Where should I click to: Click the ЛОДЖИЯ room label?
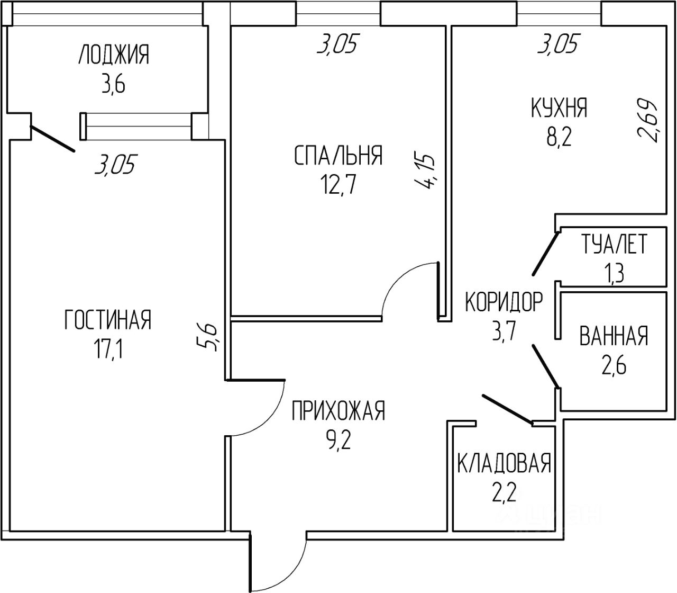(x=114, y=55)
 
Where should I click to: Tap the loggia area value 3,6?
(x=113, y=84)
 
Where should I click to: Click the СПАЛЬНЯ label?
(x=337, y=156)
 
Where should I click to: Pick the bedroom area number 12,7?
(x=337, y=185)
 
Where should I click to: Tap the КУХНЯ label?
(x=559, y=108)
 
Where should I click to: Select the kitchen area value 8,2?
(x=560, y=138)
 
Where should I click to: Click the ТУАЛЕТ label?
(x=614, y=245)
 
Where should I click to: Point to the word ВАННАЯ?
(x=614, y=336)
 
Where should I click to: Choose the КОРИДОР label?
(x=504, y=302)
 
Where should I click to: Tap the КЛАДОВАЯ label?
(x=504, y=464)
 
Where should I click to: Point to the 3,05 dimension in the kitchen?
(x=557, y=44)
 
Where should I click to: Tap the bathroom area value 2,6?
(x=614, y=365)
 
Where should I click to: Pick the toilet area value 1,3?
(x=614, y=274)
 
